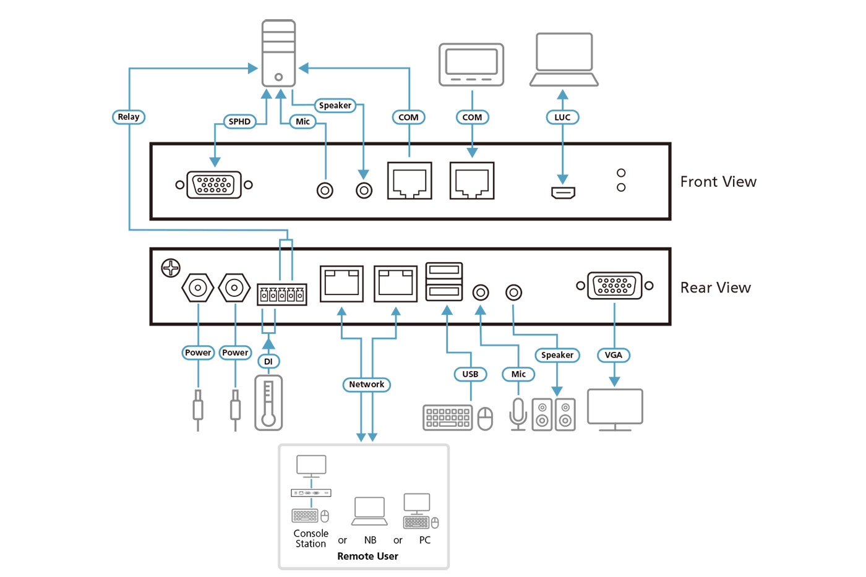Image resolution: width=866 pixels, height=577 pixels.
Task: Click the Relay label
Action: coord(129,117)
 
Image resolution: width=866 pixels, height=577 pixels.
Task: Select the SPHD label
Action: coord(239,122)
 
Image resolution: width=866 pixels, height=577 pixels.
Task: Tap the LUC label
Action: coord(562,118)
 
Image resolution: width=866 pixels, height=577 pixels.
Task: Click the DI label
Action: coord(268,362)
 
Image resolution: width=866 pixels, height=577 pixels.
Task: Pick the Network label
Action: coord(367,385)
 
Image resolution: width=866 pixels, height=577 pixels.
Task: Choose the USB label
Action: coord(470,374)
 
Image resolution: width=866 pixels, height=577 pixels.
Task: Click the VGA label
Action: coord(614,355)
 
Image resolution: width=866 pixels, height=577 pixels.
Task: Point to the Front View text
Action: coord(718,182)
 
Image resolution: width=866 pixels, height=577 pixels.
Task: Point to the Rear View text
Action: coord(716,288)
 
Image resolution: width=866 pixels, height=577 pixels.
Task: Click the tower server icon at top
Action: coord(278,53)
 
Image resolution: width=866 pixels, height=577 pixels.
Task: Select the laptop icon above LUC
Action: coord(564,60)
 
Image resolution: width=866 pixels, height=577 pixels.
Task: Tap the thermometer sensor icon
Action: coord(268,403)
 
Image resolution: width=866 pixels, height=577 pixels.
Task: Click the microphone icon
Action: coord(518,414)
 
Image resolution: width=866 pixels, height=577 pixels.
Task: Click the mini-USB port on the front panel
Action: coord(563,193)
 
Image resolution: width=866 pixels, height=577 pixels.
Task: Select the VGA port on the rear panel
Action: coord(614,286)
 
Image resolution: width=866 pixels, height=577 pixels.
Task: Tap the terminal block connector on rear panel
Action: coord(282,294)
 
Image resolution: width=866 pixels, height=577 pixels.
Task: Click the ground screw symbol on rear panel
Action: coord(171,268)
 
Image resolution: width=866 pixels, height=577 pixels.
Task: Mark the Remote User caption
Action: coord(367,557)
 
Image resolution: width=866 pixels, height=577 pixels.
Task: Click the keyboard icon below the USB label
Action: coord(448,417)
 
